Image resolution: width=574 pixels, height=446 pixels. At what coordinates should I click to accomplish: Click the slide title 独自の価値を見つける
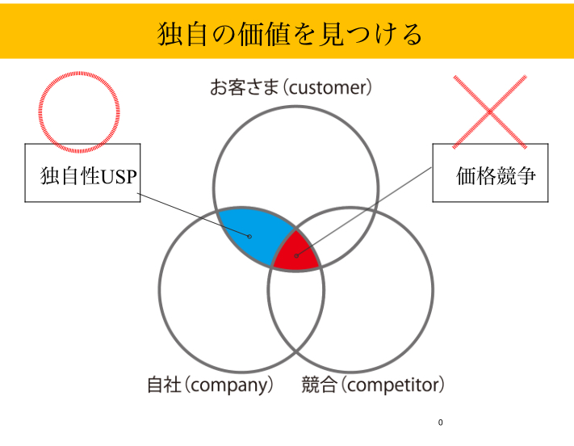pyautogui.click(x=290, y=34)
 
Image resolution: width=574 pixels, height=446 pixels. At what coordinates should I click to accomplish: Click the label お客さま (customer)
pyautogui.click(x=291, y=87)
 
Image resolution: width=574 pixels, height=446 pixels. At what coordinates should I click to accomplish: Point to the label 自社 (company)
pyautogui.click(x=210, y=385)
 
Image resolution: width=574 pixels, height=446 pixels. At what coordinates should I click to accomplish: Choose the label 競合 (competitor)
pyautogui.click(x=373, y=385)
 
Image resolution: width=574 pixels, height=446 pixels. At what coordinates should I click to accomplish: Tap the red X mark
pyautogui.click(x=490, y=112)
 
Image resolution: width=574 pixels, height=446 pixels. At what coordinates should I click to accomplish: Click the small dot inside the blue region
pyautogui.click(x=249, y=237)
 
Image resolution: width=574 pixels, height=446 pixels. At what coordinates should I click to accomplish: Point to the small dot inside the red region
pyautogui.click(x=296, y=256)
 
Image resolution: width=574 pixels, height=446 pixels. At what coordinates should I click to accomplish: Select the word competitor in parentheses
pyautogui.click(x=393, y=385)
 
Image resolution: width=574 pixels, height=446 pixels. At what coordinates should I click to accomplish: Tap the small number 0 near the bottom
pyautogui.click(x=440, y=423)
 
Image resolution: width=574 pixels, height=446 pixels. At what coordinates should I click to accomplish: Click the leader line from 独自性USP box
pyautogui.click(x=194, y=215)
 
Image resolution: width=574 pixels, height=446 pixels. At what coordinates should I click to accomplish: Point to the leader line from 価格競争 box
pyautogui.click(x=364, y=212)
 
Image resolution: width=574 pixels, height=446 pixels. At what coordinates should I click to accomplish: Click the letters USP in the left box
pyautogui.click(x=119, y=177)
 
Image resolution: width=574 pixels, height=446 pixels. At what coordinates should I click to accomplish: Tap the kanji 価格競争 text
pyautogui.click(x=496, y=176)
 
